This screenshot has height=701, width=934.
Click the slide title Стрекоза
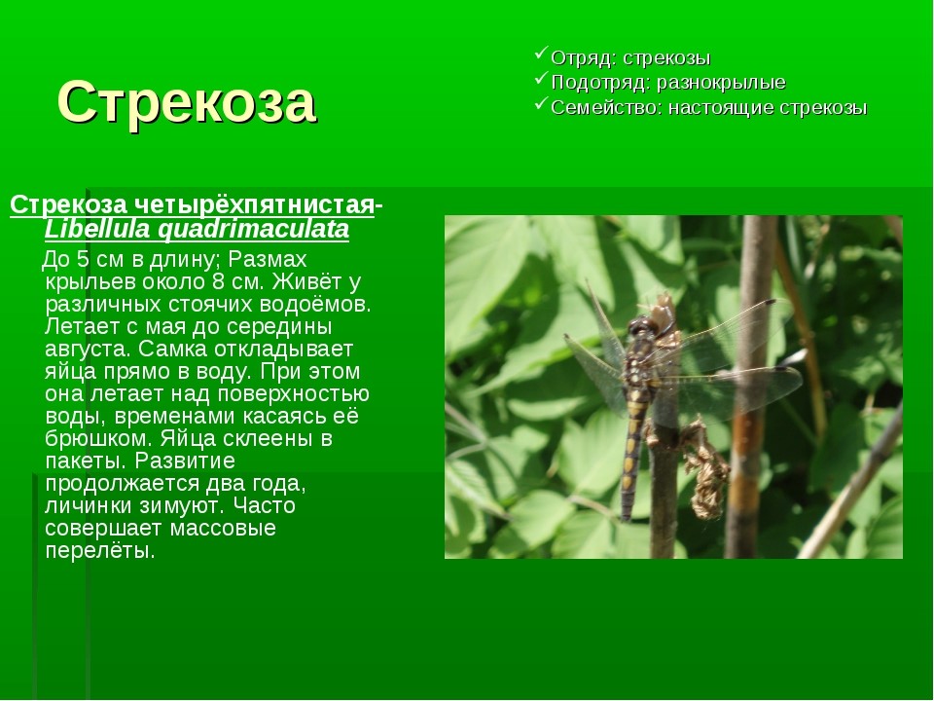pos(187,102)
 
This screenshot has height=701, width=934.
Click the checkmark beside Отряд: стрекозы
pos(541,53)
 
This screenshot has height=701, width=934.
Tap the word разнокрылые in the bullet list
pos(721,82)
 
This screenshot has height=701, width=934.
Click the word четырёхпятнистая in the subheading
pos(253,204)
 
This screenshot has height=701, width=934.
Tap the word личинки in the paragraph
pos(89,506)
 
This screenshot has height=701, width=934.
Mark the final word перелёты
pos(99,551)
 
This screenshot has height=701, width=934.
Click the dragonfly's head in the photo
pos(642,327)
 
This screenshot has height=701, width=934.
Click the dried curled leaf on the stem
pos(706,471)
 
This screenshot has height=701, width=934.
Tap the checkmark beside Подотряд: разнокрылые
pos(541,78)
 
